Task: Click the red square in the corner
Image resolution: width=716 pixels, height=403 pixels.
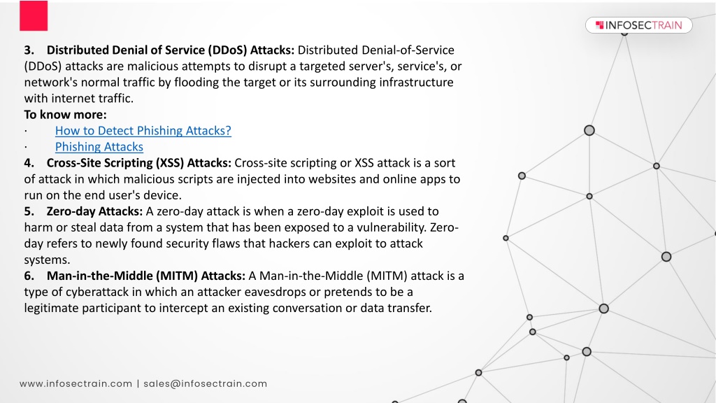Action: (34, 15)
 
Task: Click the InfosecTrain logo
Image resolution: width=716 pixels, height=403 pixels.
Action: (638, 25)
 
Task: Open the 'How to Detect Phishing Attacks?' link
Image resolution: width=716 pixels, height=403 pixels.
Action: (143, 131)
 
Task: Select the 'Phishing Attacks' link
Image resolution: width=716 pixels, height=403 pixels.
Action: (99, 147)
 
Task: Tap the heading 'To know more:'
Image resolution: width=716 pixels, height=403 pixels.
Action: (65, 115)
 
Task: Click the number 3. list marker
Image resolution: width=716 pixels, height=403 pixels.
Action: (29, 50)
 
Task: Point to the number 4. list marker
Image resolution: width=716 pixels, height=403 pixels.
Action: (29, 163)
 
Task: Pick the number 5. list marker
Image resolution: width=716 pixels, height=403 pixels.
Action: (29, 211)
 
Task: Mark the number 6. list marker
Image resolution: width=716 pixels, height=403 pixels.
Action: (29, 276)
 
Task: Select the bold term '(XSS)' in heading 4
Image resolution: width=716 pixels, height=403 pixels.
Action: (170, 163)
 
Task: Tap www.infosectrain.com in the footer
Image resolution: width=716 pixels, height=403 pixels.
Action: (76, 384)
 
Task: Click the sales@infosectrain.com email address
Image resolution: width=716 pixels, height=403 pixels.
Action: (206, 384)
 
